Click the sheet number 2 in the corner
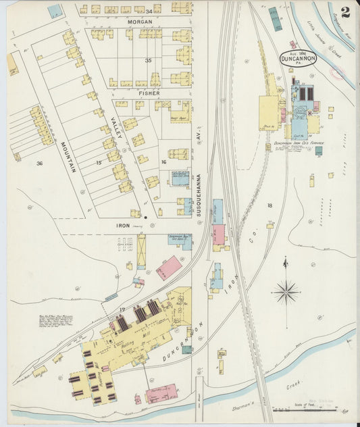coord(345,11)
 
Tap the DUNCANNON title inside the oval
coord(298,59)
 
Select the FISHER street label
coord(149,93)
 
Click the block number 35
coord(148,60)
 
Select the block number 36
coord(39,163)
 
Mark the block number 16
coord(163,163)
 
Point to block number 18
coord(269,205)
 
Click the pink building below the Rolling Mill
coord(162,393)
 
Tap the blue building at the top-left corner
coord(54,11)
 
